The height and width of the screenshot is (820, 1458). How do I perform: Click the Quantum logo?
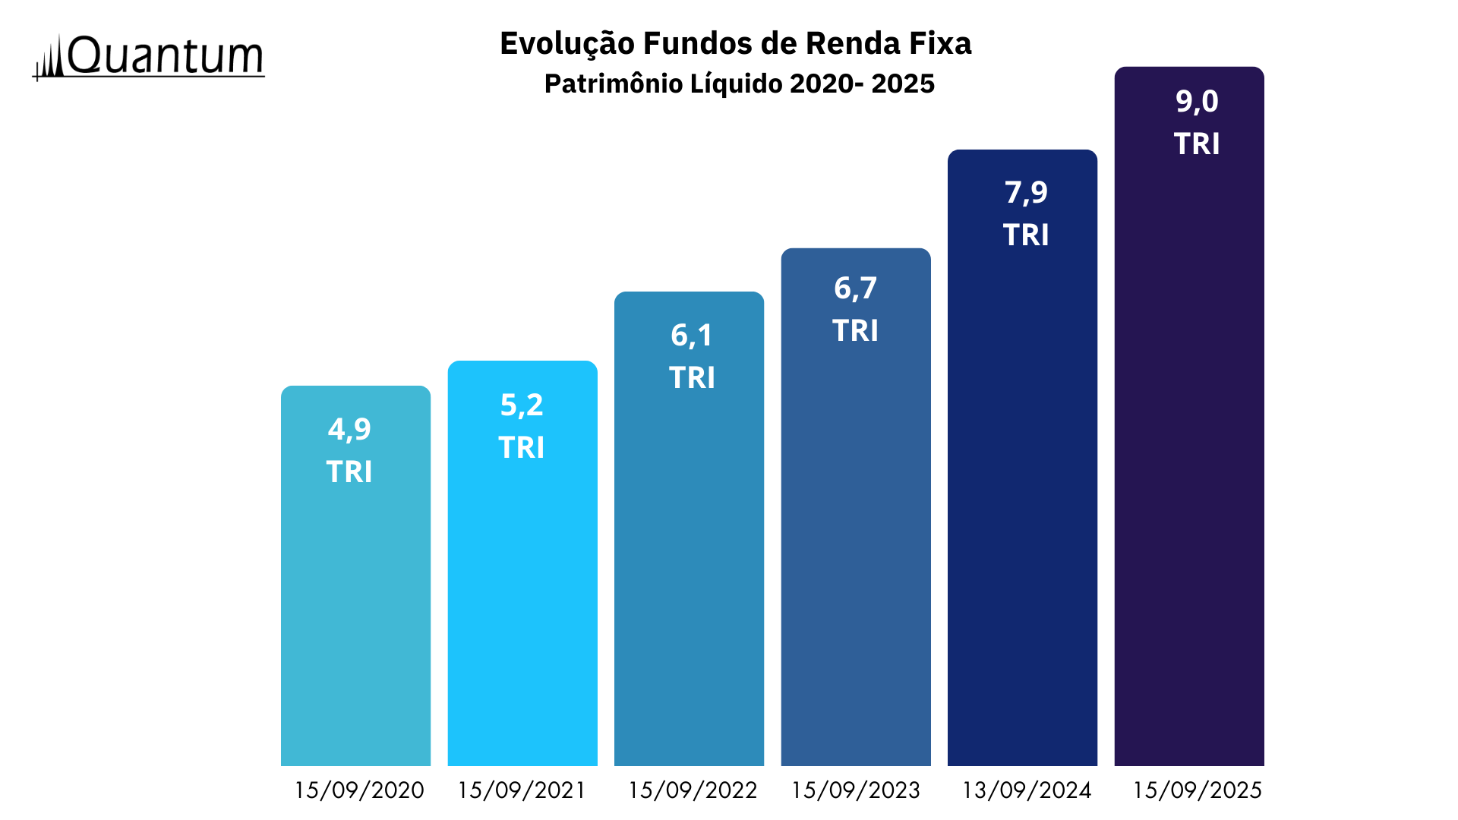[x=149, y=57]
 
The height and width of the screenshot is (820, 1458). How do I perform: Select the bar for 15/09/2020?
[x=355, y=607]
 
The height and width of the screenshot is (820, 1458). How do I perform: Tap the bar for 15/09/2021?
[x=522, y=607]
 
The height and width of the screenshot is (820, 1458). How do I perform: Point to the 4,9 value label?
[x=349, y=430]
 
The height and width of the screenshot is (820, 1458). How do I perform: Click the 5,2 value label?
[x=522, y=405]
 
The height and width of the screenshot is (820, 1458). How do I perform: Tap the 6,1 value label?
[x=692, y=336]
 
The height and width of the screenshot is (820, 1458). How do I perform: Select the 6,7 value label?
[x=855, y=289]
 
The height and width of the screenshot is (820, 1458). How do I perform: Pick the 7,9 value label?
[x=1026, y=193]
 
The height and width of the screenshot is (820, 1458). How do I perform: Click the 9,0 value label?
[x=1197, y=102]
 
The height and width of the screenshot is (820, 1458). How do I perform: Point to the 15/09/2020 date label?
[x=359, y=790]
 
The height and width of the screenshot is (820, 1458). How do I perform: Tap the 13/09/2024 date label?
[x=1027, y=790]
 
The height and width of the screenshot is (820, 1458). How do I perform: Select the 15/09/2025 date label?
[x=1198, y=790]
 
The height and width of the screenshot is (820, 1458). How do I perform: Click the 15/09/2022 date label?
[x=693, y=790]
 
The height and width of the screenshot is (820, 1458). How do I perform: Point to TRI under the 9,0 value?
[x=1197, y=144]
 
